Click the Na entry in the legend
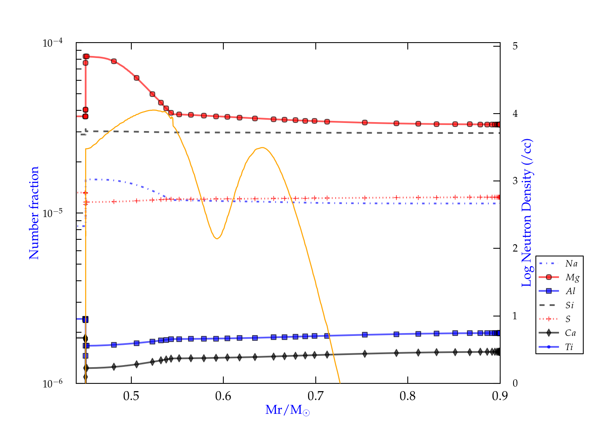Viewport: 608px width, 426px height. pyautogui.click(x=571, y=264)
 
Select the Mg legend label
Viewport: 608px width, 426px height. pyautogui.click(x=572, y=278)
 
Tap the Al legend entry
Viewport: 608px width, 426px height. pyautogui.click(x=571, y=291)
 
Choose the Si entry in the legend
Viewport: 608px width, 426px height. pyautogui.click(x=569, y=305)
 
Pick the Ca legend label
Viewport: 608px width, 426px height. pyautogui.click(x=570, y=333)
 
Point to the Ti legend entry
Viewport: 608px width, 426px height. pyautogui.click(x=569, y=347)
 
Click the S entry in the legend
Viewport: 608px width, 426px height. pyautogui.click(x=568, y=319)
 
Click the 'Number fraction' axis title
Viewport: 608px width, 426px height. pyautogui.click(x=34, y=213)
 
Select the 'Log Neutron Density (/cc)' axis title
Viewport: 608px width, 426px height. pyautogui.click(x=527, y=213)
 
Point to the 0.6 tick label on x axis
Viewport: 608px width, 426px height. pyautogui.click(x=223, y=396)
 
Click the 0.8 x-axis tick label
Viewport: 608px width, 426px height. pyautogui.click(x=408, y=396)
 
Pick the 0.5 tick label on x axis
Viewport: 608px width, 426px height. pyautogui.click(x=131, y=396)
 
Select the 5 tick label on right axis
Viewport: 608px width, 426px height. pyautogui.click(x=515, y=46)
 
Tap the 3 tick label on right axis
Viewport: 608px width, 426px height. pyautogui.click(x=515, y=181)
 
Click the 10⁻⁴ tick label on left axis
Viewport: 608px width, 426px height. pyautogui.click(x=52, y=43)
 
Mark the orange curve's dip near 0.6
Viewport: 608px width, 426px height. pyautogui.click(x=217, y=239)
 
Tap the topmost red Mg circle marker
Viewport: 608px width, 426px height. pyautogui.click(x=86, y=56)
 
